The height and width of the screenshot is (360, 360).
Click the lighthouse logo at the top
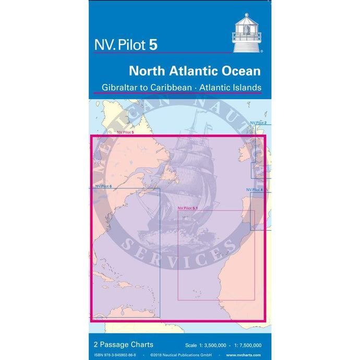pyautogui.click(x=246, y=33)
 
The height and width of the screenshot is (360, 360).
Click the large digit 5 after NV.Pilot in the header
pyautogui.click(x=153, y=44)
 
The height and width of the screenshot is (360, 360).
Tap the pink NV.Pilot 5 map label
pyautogui.click(x=126, y=133)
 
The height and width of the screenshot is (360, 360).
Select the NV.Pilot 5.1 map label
pyautogui.click(x=188, y=208)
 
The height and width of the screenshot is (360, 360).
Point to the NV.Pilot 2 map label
pyautogui.click(x=258, y=123)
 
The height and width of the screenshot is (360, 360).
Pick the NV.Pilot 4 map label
pyautogui.click(x=254, y=189)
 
